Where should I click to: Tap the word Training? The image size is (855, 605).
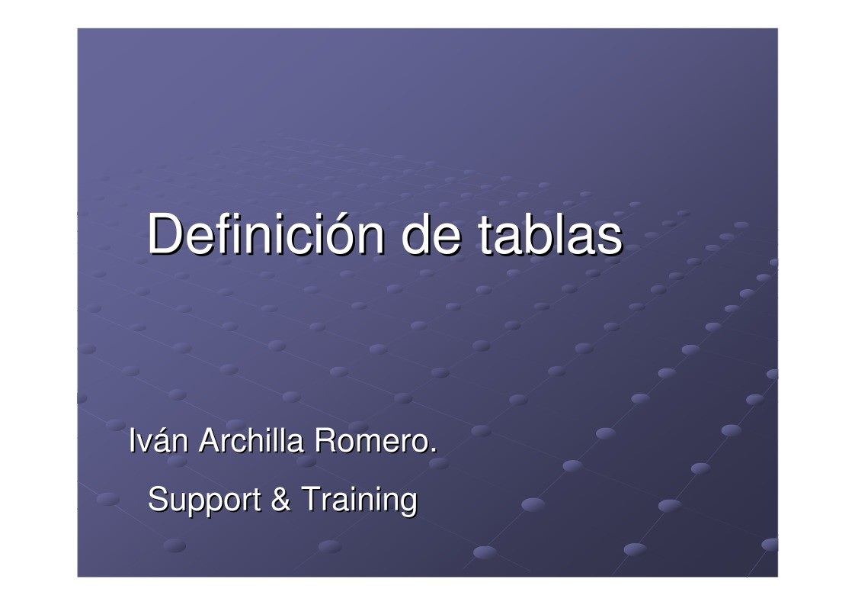pyautogui.click(x=359, y=500)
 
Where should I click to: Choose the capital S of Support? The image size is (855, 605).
pyautogui.click(x=157, y=500)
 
